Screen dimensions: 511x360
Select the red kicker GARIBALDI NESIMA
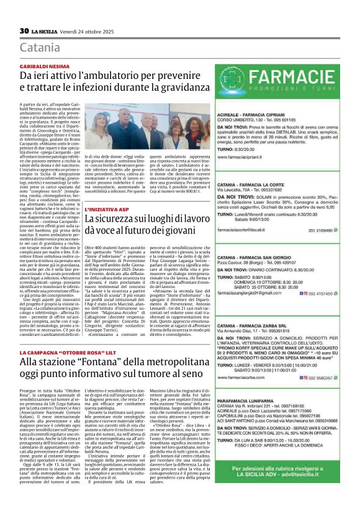click(43, 65)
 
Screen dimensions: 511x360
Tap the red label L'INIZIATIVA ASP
click(107, 210)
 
